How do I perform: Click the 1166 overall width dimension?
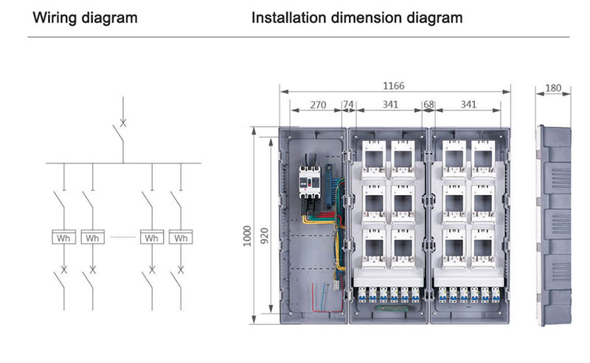(394, 86)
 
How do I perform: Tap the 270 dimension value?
(318, 105)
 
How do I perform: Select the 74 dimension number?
(348, 104)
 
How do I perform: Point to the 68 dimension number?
(428, 104)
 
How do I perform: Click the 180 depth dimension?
(553, 88)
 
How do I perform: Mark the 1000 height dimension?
(247, 236)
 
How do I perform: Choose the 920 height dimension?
(265, 236)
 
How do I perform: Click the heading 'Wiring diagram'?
(85, 18)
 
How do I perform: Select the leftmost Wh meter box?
(63, 237)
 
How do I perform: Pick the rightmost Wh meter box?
(181, 237)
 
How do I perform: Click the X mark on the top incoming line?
(123, 123)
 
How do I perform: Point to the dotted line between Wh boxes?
(122, 237)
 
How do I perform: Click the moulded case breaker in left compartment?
(310, 183)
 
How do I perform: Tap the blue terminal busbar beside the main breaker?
(329, 185)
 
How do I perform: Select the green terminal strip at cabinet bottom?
(393, 309)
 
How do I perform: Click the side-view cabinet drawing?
(554, 225)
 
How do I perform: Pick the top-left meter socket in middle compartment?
(374, 159)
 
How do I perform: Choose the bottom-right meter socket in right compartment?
(483, 248)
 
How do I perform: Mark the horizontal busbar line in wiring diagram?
(123, 163)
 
